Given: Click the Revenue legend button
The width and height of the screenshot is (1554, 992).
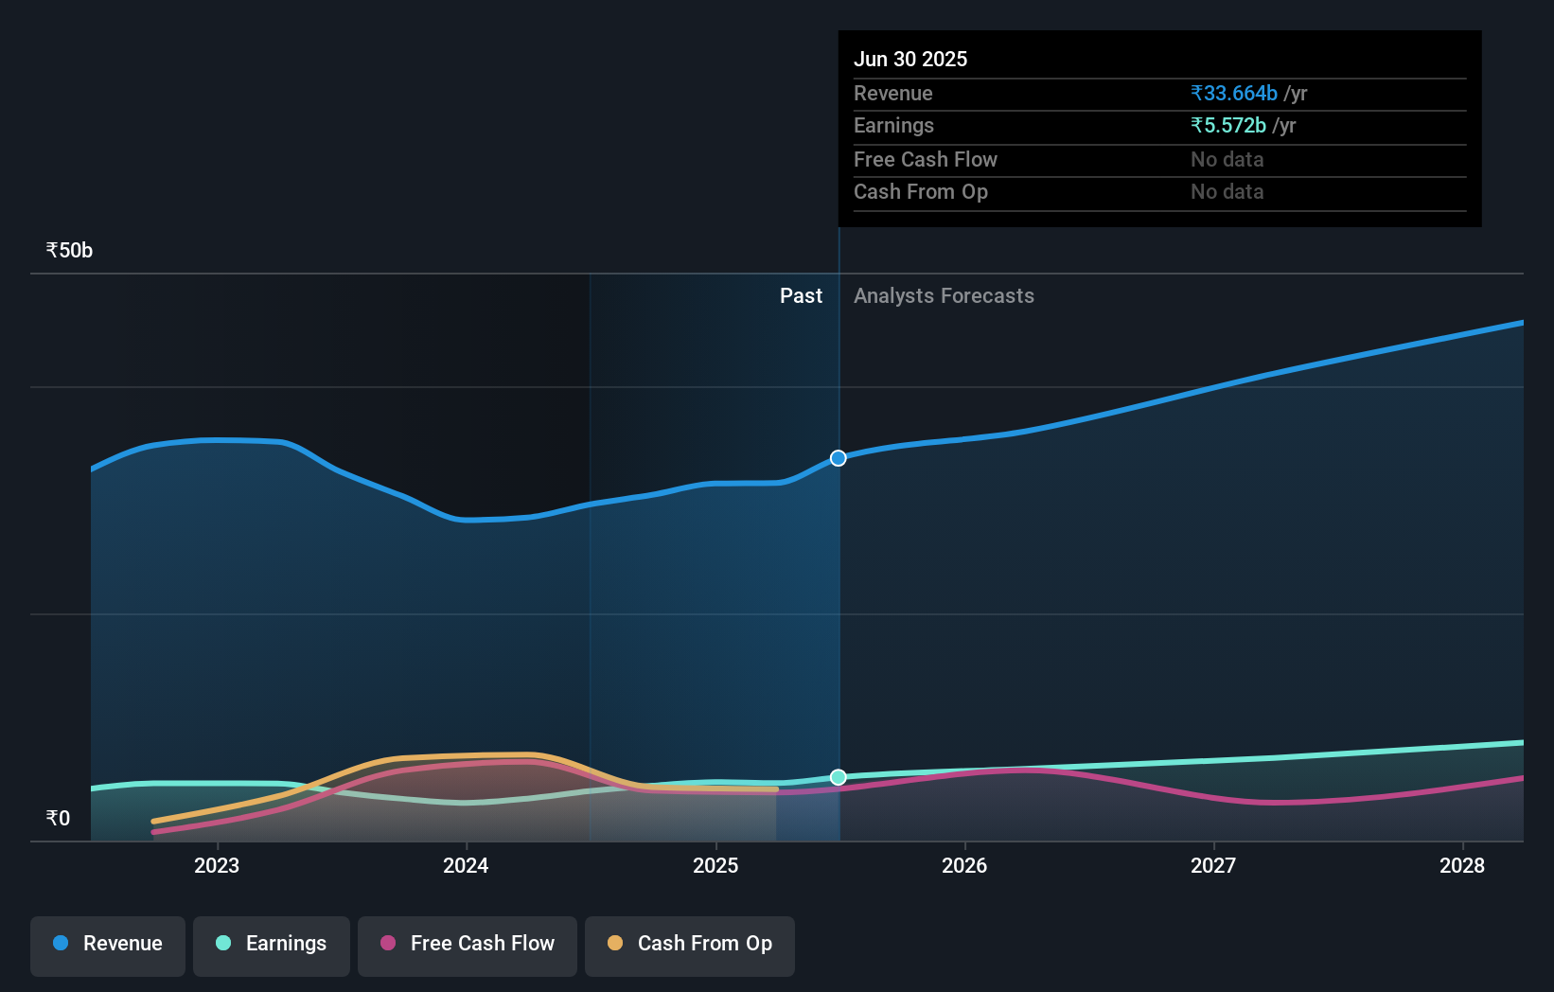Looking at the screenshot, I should click(x=108, y=944).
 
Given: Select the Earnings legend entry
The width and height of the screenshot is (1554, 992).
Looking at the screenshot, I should click(x=272, y=944).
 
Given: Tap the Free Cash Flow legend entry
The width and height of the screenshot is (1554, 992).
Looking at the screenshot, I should click(x=468, y=944).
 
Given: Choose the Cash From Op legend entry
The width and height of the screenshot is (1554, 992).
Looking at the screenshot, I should click(x=690, y=944).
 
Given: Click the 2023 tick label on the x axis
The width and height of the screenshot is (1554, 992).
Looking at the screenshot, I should click(x=217, y=865).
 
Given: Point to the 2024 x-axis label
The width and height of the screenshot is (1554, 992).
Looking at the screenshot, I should click(x=466, y=865).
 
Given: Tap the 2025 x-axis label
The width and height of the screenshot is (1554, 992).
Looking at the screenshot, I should click(x=715, y=865).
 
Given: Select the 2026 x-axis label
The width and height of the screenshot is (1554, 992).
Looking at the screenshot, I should click(x=964, y=865).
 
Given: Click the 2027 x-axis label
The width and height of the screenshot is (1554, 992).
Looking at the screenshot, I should click(x=1213, y=865).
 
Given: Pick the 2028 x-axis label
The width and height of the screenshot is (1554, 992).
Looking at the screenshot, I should click(x=1462, y=865).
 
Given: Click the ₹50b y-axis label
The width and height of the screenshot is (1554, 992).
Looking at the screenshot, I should click(x=69, y=251).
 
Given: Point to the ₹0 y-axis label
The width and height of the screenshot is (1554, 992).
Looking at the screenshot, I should click(x=58, y=819).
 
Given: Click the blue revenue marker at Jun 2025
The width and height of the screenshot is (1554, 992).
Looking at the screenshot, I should click(x=839, y=458).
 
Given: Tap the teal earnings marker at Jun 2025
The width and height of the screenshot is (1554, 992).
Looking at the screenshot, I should click(x=839, y=777).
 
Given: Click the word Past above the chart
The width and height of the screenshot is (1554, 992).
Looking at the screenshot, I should click(x=801, y=296).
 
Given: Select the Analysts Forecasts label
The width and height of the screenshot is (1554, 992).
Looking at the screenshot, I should click(x=944, y=296).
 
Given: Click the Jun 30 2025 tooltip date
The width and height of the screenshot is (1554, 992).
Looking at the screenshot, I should click(x=910, y=60).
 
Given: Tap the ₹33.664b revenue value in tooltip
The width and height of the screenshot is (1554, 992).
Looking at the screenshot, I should click(x=1234, y=94).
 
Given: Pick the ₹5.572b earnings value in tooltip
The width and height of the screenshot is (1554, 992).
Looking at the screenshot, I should click(x=1228, y=126).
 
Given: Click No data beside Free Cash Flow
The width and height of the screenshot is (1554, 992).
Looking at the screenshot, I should click(x=1227, y=160).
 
